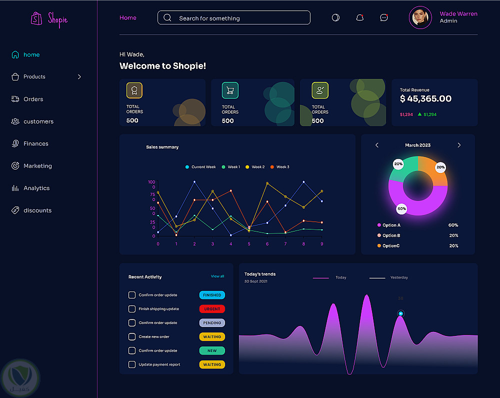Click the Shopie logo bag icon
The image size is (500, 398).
pyautogui.click(x=36, y=18)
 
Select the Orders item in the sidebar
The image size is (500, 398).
pyautogui.click(x=33, y=99)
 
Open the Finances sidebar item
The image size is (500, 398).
pyautogui.click(x=35, y=143)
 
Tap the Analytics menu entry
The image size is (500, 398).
pyautogui.click(x=36, y=188)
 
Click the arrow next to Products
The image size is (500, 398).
pyautogui.click(x=79, y=76)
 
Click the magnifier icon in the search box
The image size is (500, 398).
pyautogui.click(x=167, y=18)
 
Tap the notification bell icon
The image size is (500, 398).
pyautogui.click(x=359, y=17)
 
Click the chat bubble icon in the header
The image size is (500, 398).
pyautogui.click(x=383, y=17)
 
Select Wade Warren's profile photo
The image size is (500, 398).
pyautogui.click(x=420, y=17)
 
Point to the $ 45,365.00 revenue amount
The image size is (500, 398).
pyautogui.click(x=425, y=99)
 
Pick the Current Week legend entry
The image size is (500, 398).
pyautogui.click(x=200, y=167)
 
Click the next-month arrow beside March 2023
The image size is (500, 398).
pyautogui.click(x=459, y=145)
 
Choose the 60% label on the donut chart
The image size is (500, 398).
pyautogui.click(x=401, y=208)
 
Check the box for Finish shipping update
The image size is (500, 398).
pyautogui.click(x=132, y=309)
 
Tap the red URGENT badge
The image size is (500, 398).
pyautogui.click(x=212, y=309)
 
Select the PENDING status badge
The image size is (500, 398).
pyautogui.click(x=212, y=323)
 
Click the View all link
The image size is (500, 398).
pyautogui.click(x=217, y=276)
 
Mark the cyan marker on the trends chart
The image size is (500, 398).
pyautogui.click(x=400, y=313)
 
